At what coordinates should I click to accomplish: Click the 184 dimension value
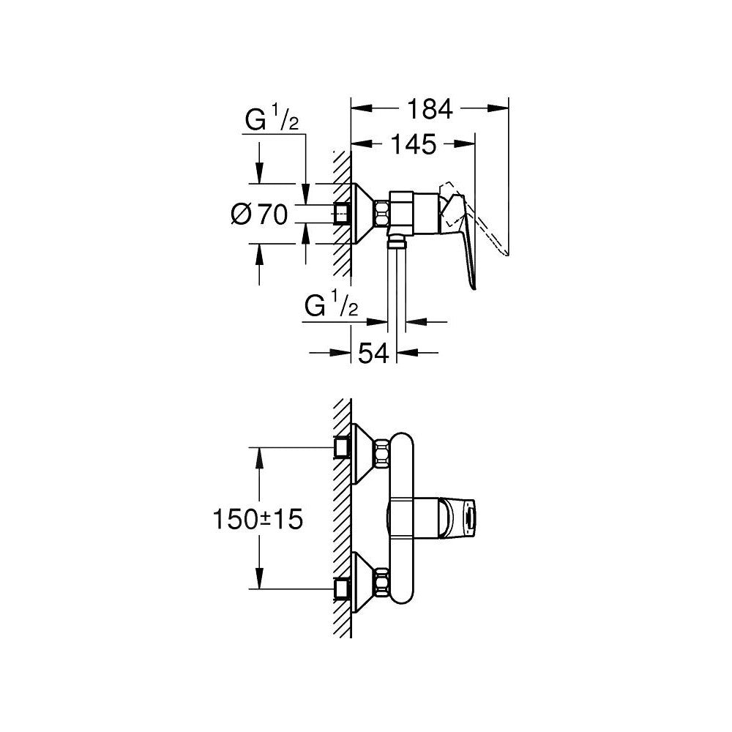point(430,109)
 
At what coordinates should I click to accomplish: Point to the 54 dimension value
point(373,353)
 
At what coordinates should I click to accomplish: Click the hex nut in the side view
point(383,214)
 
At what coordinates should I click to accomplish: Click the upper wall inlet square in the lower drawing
point(341,447)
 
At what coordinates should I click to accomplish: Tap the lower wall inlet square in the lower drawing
point(341,588)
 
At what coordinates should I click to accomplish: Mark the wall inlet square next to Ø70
point(341,214)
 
